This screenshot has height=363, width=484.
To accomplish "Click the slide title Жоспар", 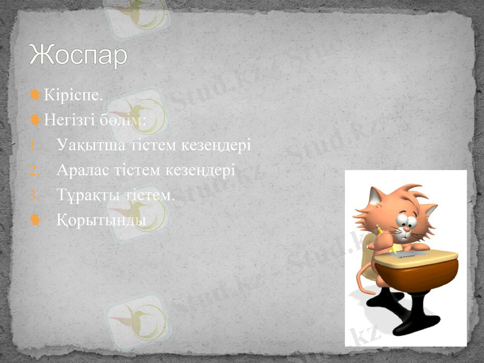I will [79, 55].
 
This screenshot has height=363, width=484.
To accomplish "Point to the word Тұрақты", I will [85, 195].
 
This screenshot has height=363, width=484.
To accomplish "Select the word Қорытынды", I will [101, 220].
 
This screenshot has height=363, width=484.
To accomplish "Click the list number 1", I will [34, 146].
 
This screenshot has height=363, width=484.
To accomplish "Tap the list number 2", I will [34, 171].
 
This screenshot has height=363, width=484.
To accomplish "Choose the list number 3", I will [34, 196].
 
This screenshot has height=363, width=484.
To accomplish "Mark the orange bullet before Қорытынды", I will [36, 220].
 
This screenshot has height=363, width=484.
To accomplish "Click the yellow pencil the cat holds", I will [381, 232].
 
